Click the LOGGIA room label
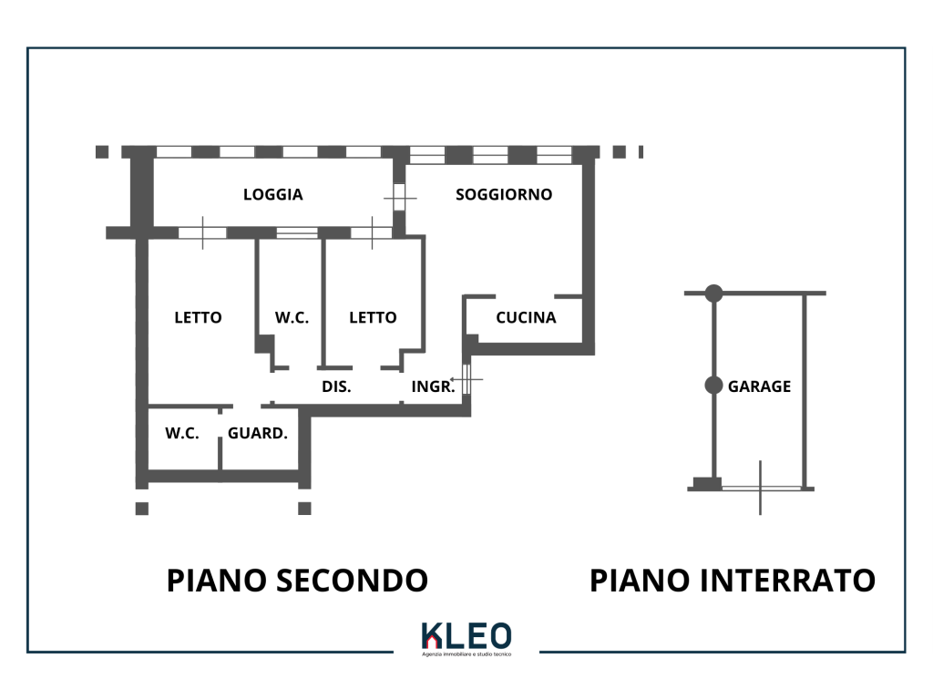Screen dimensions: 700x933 click(272, 194)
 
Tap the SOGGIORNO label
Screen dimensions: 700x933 click(504, 194)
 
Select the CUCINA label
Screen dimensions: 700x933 click(526, 318)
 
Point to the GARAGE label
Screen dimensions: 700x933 click(759, 386)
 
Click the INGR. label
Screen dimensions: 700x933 click(433, 386)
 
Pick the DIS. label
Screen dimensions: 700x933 click(336, 386)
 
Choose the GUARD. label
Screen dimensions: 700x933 click(258, 434)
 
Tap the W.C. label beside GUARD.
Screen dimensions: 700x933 click(182, 434)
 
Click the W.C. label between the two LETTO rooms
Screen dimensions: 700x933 click(292, 318)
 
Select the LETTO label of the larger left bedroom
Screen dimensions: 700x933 click(198, 318)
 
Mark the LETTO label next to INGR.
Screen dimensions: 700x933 click(373, 318)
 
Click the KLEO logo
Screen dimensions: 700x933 click(466, 637)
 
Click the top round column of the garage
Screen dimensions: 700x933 click(713, 293)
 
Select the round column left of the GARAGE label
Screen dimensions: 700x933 click(713, 386)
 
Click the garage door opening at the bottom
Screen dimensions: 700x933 click(761, 489)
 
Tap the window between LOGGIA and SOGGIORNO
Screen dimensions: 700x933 click(399, 197)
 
